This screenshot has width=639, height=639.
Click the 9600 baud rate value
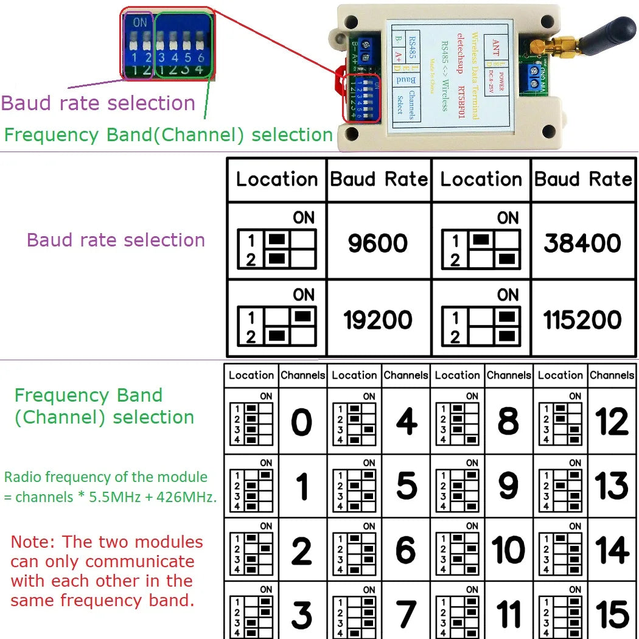377,243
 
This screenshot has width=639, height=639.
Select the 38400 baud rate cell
582,243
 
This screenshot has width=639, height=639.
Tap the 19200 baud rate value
377,319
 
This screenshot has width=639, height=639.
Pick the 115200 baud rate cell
582,319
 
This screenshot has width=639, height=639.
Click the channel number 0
301,422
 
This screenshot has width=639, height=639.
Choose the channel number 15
612,613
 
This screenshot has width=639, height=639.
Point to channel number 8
508,422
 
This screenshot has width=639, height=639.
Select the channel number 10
508,550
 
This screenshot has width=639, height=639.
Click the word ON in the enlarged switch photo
140,23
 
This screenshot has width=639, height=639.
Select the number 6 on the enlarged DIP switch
201,58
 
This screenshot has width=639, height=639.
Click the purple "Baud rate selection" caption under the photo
98,103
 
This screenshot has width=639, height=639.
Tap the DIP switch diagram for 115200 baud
481,326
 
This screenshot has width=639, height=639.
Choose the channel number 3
301,613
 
